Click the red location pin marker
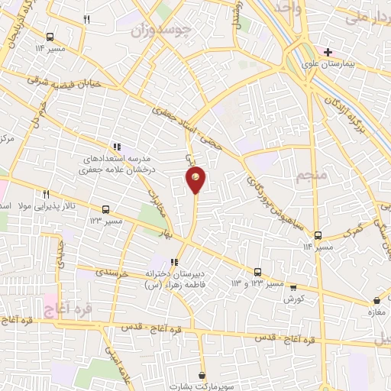pyautogui.click(x=195, y=179)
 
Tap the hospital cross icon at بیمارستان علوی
pyautogui.click(x=328, y=53)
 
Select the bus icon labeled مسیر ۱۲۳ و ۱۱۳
pyautogui.click(x=257, y=272)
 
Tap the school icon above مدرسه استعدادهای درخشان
pyautogui.click(x=117, y=147)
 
